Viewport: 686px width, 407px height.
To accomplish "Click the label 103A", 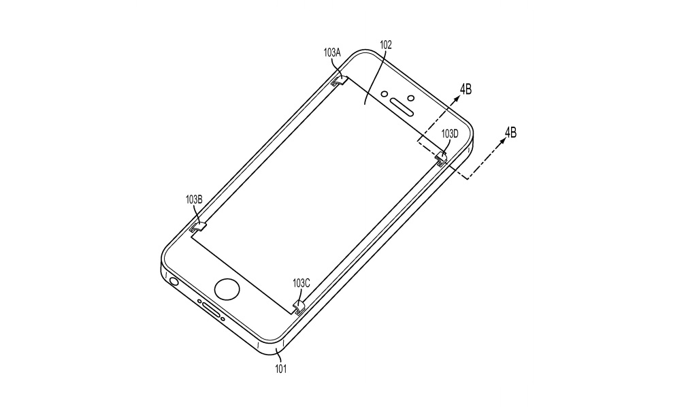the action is point(331,53).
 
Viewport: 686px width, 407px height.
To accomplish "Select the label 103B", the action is point(194,199).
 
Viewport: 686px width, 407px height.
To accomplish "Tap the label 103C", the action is point(301,283).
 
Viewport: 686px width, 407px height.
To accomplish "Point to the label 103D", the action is point(450,134).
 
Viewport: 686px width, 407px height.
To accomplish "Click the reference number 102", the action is point(385,45).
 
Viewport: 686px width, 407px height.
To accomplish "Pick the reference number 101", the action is point(280,369).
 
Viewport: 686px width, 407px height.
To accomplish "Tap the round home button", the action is point(227,289).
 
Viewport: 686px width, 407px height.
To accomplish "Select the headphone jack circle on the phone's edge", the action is point(174,280).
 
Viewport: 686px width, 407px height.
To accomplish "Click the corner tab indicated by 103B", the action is point(199,227).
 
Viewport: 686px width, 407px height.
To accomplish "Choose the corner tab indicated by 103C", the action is point(298,308).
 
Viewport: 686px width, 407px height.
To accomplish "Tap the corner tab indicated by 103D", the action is point(442,159).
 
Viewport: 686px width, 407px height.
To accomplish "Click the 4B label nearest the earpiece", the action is point(465,89).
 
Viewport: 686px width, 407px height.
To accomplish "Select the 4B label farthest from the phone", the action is point(510,132).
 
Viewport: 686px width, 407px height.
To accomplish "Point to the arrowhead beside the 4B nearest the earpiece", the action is point(457,99).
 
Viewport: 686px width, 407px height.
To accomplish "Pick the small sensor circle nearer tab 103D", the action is point(411,97).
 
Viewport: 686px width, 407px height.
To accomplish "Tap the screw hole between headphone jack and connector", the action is point(199,301).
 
